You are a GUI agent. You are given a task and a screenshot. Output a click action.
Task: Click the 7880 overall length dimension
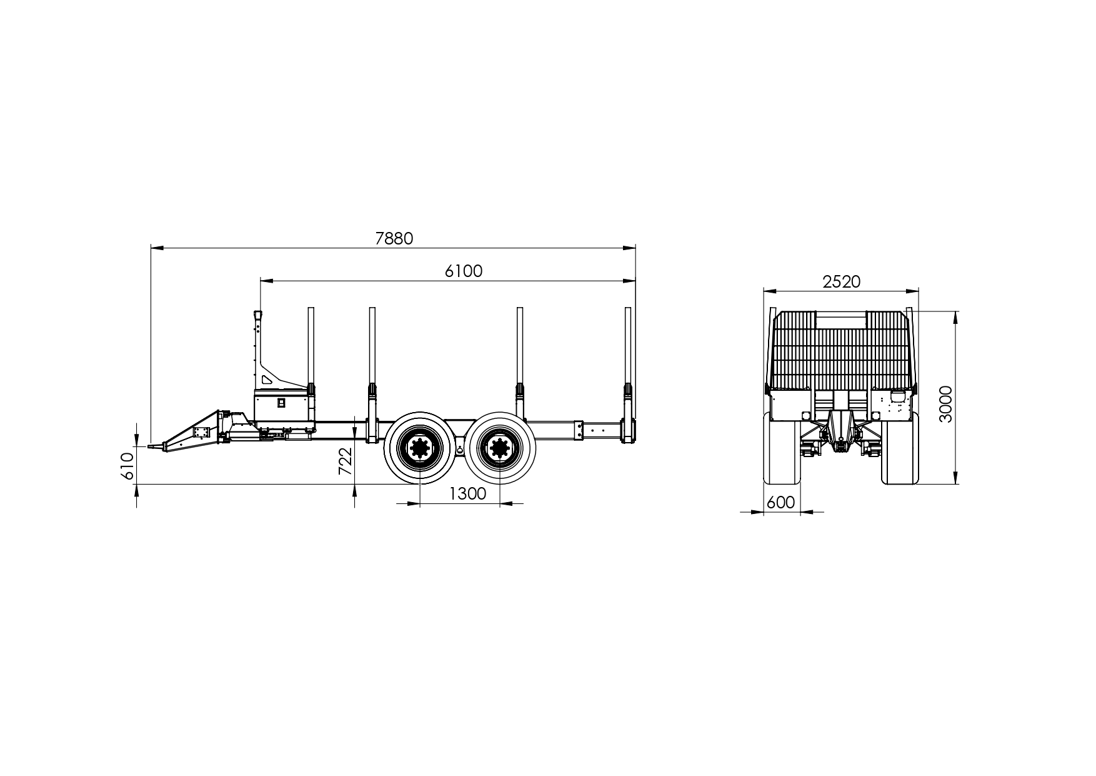coord(394,239)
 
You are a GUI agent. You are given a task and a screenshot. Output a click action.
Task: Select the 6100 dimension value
coord(464,271)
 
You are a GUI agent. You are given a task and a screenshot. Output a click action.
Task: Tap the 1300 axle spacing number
coord(467,494)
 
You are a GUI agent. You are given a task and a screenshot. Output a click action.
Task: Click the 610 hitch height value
coord(127,466)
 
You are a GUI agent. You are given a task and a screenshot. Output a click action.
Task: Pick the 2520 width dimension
coord(841,282)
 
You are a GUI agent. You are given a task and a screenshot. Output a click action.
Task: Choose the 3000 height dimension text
coord(946,405)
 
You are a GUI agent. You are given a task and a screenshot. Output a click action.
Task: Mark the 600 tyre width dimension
coord(780,503)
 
